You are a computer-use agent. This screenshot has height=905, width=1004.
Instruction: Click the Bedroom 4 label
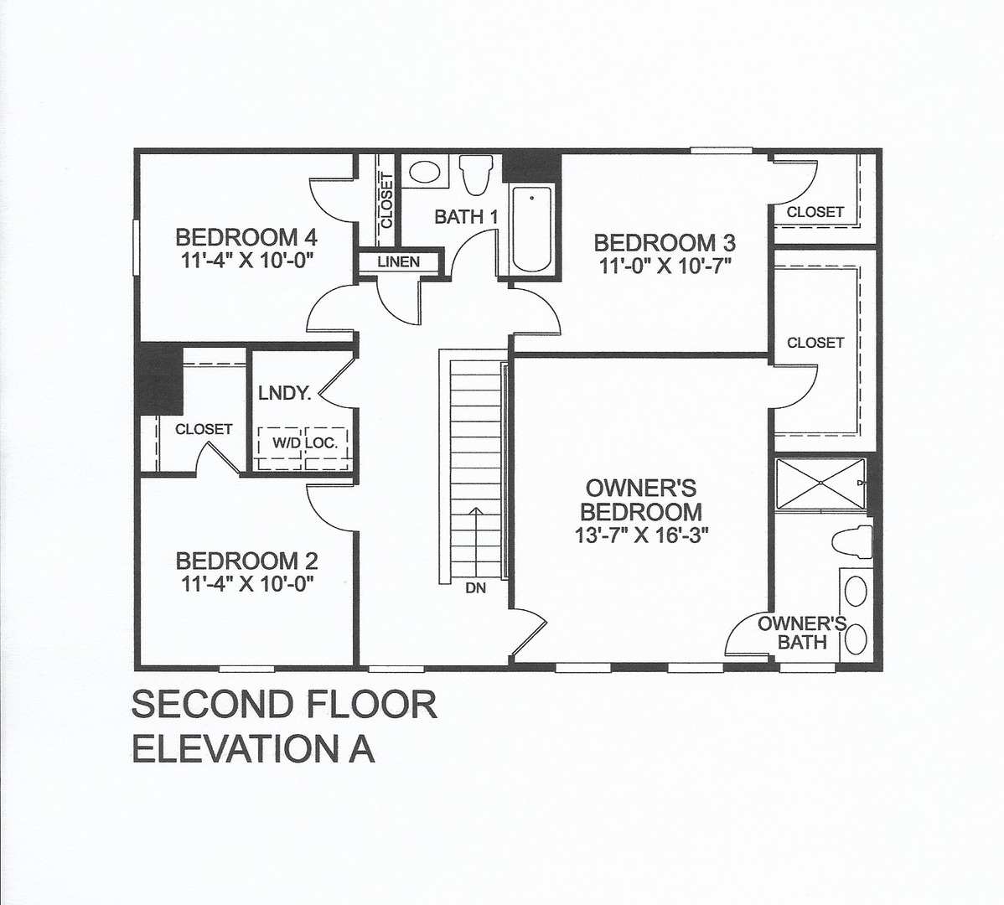click(x=247, y=238)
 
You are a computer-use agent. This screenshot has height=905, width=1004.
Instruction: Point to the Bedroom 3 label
click(x=665, y=244)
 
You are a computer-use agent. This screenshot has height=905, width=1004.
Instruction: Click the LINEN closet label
click(x=399, y=262)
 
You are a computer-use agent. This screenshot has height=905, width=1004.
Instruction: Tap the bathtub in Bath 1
click(x=531, y=230)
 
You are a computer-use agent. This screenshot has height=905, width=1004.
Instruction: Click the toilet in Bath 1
click(x=474, y=175)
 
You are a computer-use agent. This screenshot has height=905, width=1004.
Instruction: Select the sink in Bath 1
click(x=424, y=173)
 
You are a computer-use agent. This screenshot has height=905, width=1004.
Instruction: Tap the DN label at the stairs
click(x=475, y=588)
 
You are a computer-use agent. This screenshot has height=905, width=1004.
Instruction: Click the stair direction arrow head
click(x=475, y=512)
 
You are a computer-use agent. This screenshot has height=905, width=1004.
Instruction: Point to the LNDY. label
click(x=285, y=393)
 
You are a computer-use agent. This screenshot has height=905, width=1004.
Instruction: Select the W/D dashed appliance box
click(x=279, y=442)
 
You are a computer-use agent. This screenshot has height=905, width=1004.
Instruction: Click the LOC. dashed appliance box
click(x=324, y=442)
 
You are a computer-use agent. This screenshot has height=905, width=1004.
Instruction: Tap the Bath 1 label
click(x=466, y=217)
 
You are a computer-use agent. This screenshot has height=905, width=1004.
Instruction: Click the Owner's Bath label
click(x=802, y=633)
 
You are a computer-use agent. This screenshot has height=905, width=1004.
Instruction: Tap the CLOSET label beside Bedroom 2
click(x=204, y=429)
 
